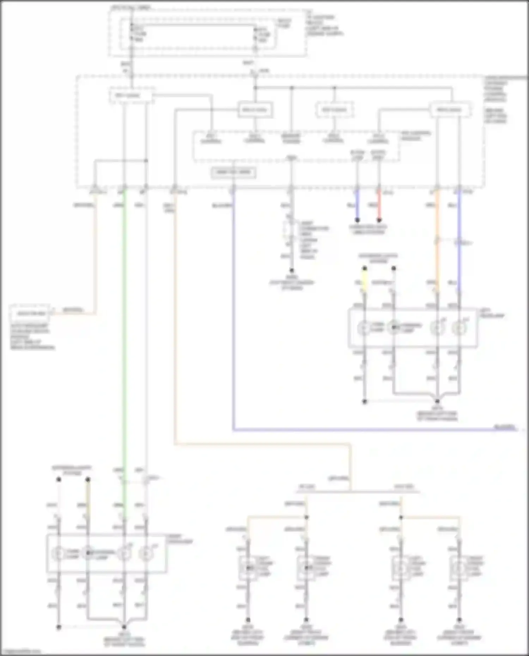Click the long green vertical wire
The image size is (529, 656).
(x=124, y=335)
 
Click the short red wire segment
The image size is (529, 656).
(x=379, y=204)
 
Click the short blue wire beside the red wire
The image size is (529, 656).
(x=357, y=204)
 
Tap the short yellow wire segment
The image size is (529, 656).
(x=365, y=280)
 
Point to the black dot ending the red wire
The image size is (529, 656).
(x=379, y=220)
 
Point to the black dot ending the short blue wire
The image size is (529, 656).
(x=357, y=220)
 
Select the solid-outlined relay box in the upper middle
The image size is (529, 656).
(x=255, y=110)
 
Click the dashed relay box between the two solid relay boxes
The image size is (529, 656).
(x=334, y=110)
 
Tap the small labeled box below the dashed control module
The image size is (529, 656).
(x=233, y=172)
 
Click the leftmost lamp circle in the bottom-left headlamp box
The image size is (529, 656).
(x=59, y=553)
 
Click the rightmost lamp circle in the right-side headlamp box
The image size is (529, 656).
(x=459, y=328)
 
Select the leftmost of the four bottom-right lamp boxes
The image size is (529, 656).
(x=248, y=568)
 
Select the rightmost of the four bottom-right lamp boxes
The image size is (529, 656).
(x=459, y=568)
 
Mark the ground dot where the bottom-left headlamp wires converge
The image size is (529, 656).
(x=124, y=627)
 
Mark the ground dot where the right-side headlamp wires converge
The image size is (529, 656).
(x=437, y=401)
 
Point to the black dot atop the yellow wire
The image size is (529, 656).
(x=365, y=268)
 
